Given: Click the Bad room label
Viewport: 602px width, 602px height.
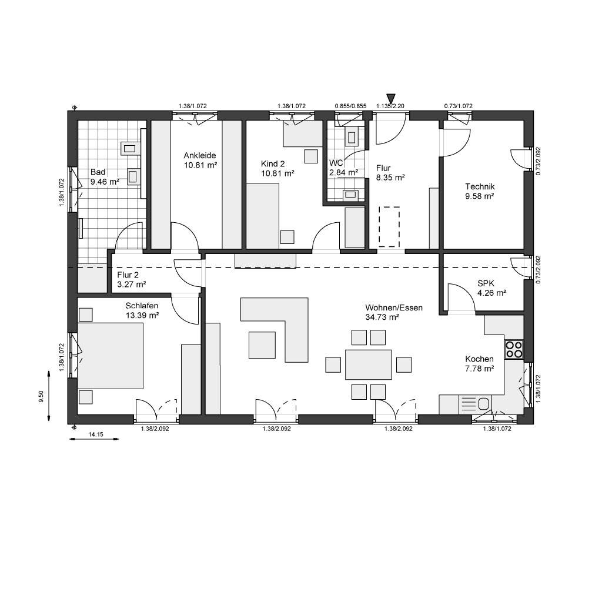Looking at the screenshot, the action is (x=105, y=177).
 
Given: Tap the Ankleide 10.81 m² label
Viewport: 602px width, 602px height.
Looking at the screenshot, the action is (x=200, y=160).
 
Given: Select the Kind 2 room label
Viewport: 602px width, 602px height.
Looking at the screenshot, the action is (x=277, y=169).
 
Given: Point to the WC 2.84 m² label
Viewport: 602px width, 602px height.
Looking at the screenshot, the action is (x=343, y=168).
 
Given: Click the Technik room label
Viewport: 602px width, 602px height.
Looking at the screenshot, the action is (x=480, y=191).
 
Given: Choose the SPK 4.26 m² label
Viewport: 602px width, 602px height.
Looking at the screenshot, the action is (x=492, y=288).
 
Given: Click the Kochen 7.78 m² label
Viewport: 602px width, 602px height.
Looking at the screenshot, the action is (x=480, y=363).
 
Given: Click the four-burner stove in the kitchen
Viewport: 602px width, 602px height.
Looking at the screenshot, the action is (x=514, y=349).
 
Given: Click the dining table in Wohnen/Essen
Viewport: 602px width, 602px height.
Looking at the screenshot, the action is (x=369, y=364).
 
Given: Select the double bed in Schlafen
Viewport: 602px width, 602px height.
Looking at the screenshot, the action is (x=111, y=356).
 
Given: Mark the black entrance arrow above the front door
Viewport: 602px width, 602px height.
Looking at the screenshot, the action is (x=391, y=99).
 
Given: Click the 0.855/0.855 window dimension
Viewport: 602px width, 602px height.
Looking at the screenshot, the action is (x=350, y=106).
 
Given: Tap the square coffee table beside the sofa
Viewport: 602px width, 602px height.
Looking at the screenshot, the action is (x=262, y=345).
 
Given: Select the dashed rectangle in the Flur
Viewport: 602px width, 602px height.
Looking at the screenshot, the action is (x=389, y=226).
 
